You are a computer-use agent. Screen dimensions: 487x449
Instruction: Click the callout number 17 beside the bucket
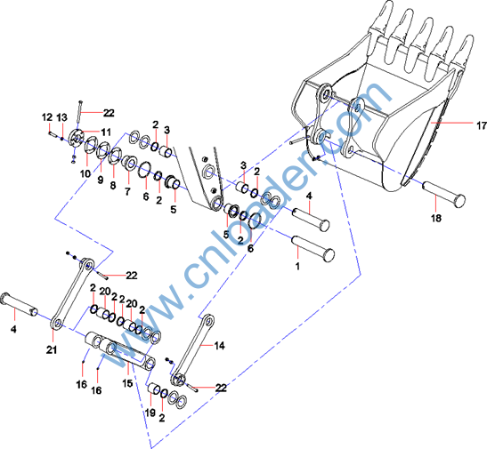482,125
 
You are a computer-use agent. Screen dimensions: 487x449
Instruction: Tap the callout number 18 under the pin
435,219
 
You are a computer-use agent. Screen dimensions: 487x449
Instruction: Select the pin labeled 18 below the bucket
443,195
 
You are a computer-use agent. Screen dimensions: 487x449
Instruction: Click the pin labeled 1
313,248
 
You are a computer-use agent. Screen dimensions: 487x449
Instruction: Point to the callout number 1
297,266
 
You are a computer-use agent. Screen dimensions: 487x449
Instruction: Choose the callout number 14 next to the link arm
219,346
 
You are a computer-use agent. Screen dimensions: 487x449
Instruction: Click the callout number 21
52,349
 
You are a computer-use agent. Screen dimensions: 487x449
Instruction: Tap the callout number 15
127,383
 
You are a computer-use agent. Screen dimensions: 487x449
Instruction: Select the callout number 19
150,413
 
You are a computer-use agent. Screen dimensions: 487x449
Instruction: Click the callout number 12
47,117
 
